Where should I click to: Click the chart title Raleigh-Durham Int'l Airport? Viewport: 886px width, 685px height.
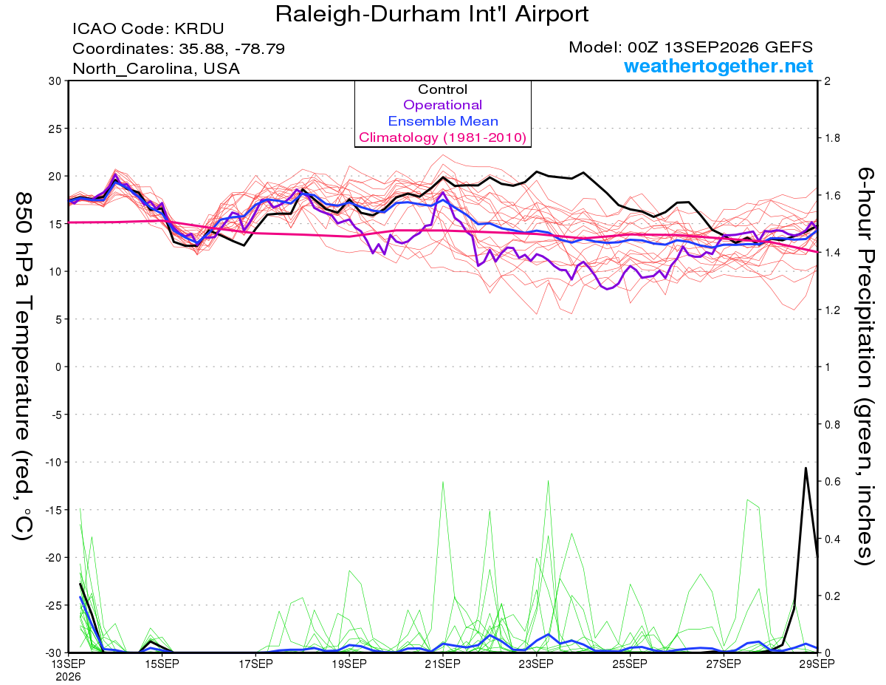[x=432, y=15]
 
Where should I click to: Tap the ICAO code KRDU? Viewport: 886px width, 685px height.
[x=199, y=29]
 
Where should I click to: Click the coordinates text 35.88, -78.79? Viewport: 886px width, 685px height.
[x=232, y=49]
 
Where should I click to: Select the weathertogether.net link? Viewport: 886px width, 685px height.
[x=718, y=66]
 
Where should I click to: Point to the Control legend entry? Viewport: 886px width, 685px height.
[x=443, y=89]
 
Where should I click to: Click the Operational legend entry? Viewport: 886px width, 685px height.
[x=443, y=105]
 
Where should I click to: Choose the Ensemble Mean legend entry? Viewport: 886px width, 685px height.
[x=443, y=121]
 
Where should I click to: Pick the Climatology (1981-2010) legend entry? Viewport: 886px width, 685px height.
[x=443, y=137]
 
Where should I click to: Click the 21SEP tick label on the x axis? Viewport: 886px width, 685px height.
[x=443, y=664]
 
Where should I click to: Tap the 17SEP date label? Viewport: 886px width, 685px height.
[x=255, y=664]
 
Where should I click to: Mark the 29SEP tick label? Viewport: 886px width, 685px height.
[x=817, y=664]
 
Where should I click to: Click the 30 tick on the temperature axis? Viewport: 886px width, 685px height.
[x=55, y=81]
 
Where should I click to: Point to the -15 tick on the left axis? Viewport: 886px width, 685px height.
[x=53, y=510]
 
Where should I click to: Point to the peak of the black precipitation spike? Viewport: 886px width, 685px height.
[x=806, y=468]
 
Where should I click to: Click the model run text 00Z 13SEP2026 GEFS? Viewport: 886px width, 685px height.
[x=720, y=47]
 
